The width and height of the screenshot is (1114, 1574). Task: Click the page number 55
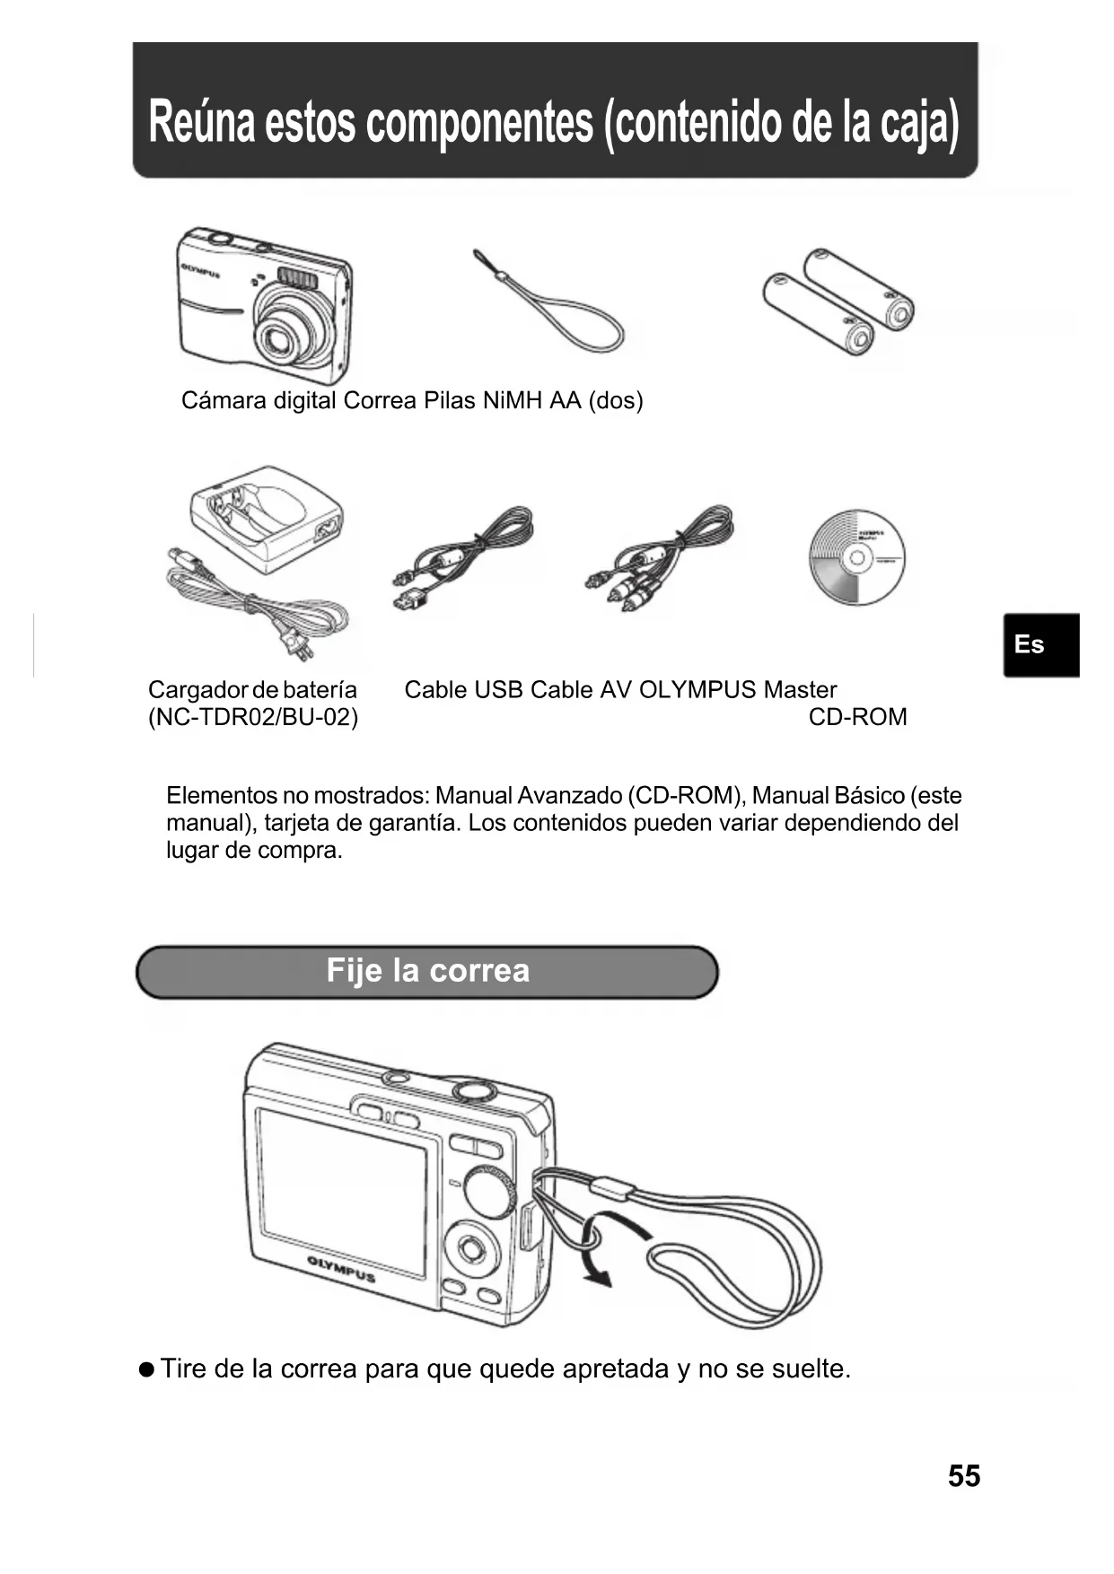[x=963, y=1476]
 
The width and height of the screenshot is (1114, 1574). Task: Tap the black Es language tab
[x=1039, y=644]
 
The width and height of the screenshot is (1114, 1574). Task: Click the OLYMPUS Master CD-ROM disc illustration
[x=856, y=557]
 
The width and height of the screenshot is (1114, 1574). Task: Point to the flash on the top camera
[x=297, y=277]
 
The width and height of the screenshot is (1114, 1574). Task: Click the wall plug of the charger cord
[x=294, y=643]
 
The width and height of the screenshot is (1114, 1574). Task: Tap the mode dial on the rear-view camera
[x=489, y=1193]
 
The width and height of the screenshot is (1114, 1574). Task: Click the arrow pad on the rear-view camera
[x=470, y=1248]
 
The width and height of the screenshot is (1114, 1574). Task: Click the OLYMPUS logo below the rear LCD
[x=341, y=1270]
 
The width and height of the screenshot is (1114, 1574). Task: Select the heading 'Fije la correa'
[x=427, y=971]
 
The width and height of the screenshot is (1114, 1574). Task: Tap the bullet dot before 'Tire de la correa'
[x=146, y=1369]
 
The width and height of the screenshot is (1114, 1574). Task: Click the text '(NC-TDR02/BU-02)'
[x=252, y=717]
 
